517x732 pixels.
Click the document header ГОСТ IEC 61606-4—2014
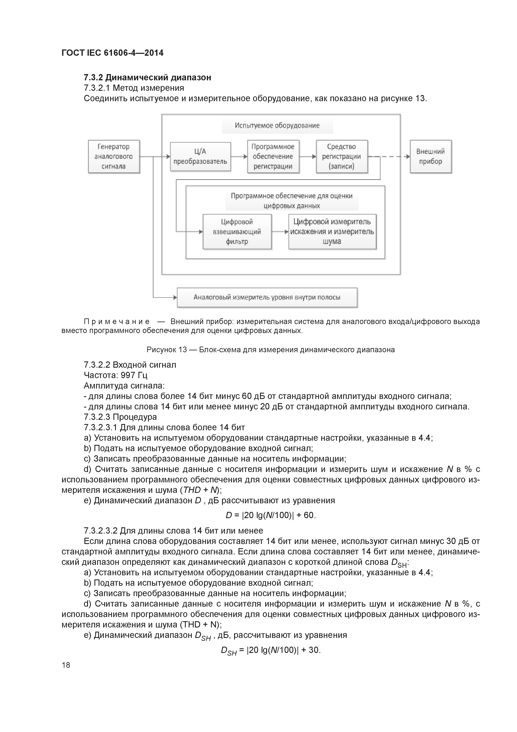pyautogui.click(x=112, y=53)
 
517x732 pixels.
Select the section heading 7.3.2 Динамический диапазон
pyautogui.click(x=147, y=77)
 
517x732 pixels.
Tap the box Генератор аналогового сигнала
pyautogui.click(x=114, y=156)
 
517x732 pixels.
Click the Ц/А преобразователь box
pyautogui.click(x=200, y=156)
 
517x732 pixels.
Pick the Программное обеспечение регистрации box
pyautogui.click(x=273, y=156)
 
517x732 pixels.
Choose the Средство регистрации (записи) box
pyautogui.click(x=341, y=156)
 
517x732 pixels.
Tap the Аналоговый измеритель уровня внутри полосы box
pyautogui.click(x=267, y=298)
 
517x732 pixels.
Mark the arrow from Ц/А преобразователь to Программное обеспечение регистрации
pyautogui.click(x=239, y=156)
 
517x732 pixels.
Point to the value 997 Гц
pyautogui.click(x=134, y=375)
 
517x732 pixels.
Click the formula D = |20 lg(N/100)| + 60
pyautogui.click(x=270, y=516)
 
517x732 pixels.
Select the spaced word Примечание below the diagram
pyautogui.click(x=117, y=322)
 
